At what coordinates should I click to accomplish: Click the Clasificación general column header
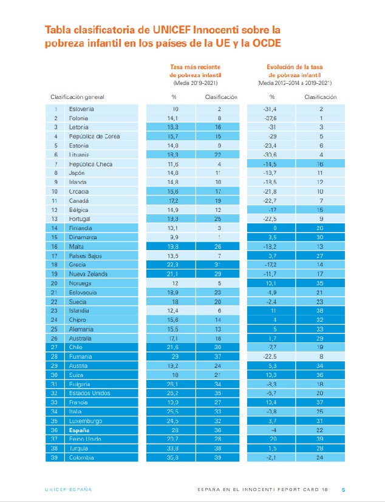pyautogui.click(x=77, y=97)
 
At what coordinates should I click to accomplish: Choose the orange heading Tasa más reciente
pyautogui.click(x=194, y=67)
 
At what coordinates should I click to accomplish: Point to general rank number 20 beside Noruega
pyautogui.click(x=55, y=284)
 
